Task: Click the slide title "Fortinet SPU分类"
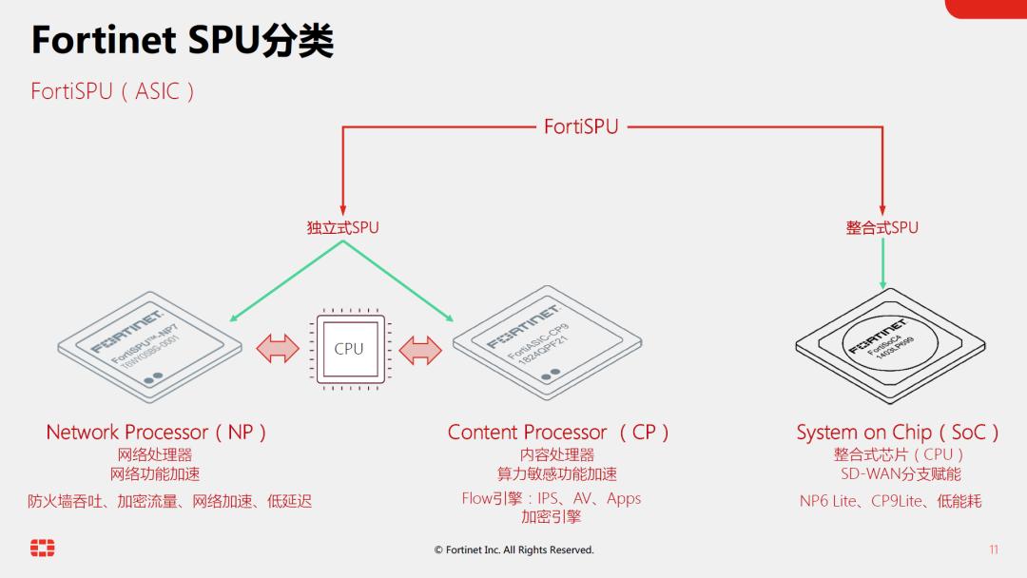tap(182, 42)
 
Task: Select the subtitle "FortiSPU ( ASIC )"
tap(113, 91)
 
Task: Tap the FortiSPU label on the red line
tap(581, 126)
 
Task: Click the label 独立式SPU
tap(342, 228)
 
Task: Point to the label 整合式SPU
tap(882, 228)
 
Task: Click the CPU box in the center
tap(349, 349)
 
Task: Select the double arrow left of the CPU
tap(279, 349)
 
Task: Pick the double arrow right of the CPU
tap(419, 349)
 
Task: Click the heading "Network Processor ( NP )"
tap(156, 433)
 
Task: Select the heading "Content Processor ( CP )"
tap(558, 433)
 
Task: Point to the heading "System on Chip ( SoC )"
tap(898, 433)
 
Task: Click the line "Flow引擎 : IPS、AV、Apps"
tap(552, 498)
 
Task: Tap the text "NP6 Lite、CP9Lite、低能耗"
tap(890, 501)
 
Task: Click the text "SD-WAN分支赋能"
tap(900, 473)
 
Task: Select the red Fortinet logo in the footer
tap(43, 549)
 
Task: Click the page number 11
tap(994, 549)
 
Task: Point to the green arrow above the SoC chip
tap(883, 263)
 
